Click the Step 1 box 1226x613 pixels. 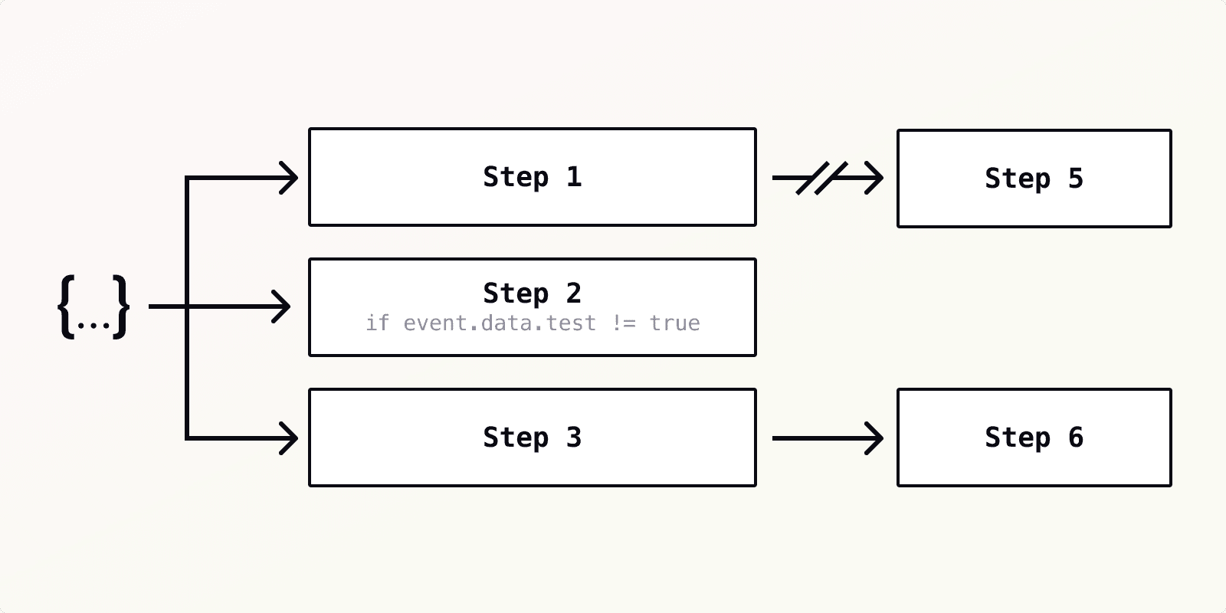click(x=532, y=177)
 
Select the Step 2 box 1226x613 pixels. click(x=532, y=307)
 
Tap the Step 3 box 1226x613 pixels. click(x=532, y=438)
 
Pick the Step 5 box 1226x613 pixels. click(x=1034, y=179)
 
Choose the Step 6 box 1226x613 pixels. click(x=1034, y=438)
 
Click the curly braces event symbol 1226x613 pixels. click(x=93, y=307)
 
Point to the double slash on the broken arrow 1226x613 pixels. click(x=821, y=178)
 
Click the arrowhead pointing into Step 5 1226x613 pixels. click(x=874, y=178)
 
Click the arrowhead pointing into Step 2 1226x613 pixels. click(x=282, y=307)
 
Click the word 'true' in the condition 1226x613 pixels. click(x=674, y=323)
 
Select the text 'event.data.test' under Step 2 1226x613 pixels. click(x=500, y=323)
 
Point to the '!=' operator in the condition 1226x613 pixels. click(x=624, y=323)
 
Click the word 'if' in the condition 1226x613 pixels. click(x=377, y=323)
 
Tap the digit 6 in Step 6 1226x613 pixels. click(x=1076, y=438)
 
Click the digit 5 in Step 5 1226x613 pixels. click(x=1076, y=179)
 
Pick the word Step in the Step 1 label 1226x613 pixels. click(x=515, y=177)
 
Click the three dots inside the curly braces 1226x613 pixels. click(x=93, y=325)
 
